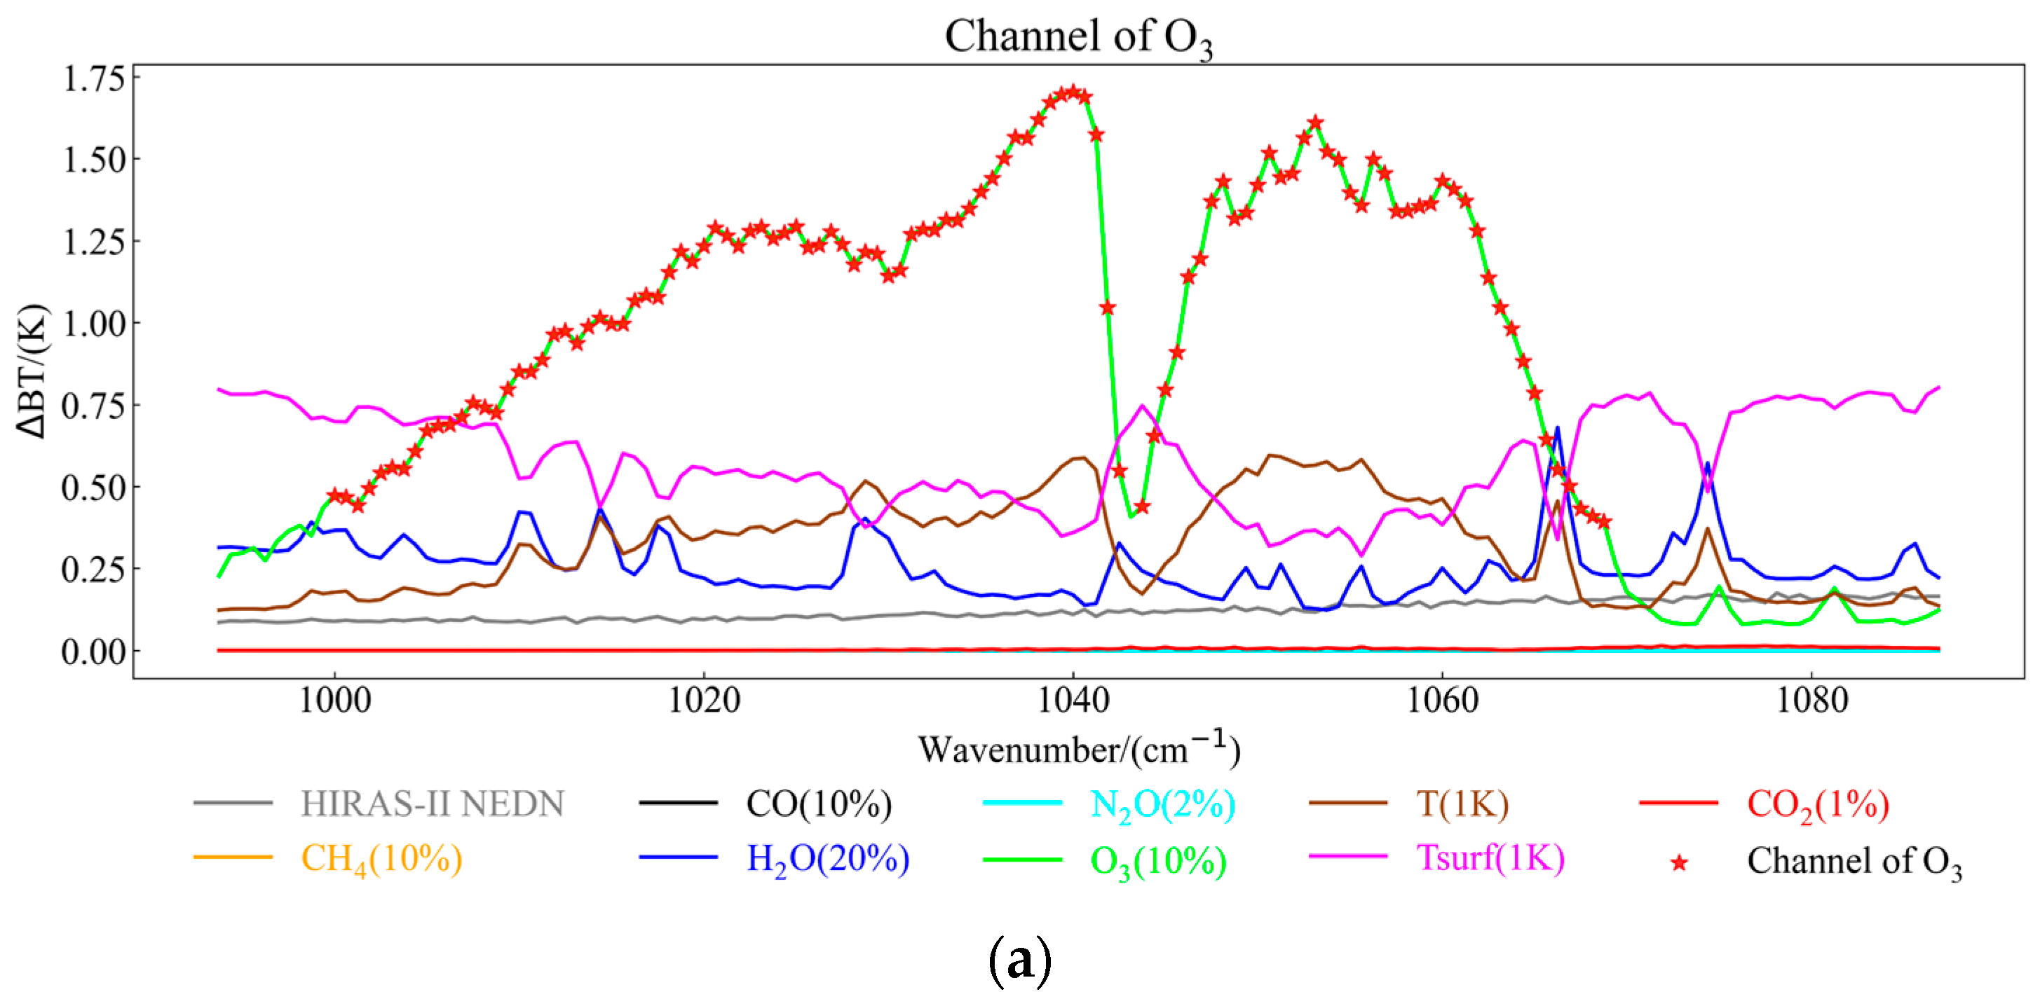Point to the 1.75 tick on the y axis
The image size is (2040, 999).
93,78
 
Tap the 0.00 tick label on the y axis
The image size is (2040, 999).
93,652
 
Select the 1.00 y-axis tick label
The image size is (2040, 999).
93,324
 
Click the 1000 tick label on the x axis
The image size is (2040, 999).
334,701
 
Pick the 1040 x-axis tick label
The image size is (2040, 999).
1073,701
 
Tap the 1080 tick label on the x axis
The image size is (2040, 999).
1811,701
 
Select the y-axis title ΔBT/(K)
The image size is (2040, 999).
32,370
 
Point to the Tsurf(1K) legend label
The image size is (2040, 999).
1490,858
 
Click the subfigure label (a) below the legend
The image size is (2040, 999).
1020,960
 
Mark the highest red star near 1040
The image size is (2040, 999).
1073,92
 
